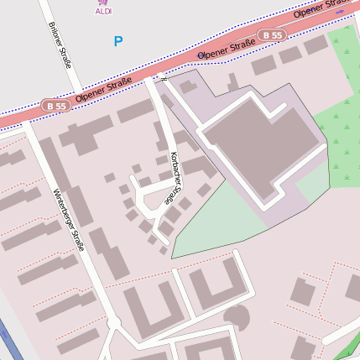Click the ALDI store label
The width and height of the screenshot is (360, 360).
[103, 12]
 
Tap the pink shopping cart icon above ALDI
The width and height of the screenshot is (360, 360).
[103, 3]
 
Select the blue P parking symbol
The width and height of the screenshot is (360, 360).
[117, 41]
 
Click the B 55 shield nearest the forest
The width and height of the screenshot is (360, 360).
[271, 35]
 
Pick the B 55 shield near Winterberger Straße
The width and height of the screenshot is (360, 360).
[55, 106]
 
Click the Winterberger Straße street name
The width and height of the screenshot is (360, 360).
[70, 221]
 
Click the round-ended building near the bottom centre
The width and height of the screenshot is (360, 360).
[236, 317]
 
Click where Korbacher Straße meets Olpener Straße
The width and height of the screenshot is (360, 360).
[152, 78]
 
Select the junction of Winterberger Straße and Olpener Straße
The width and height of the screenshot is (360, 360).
[27, 121]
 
